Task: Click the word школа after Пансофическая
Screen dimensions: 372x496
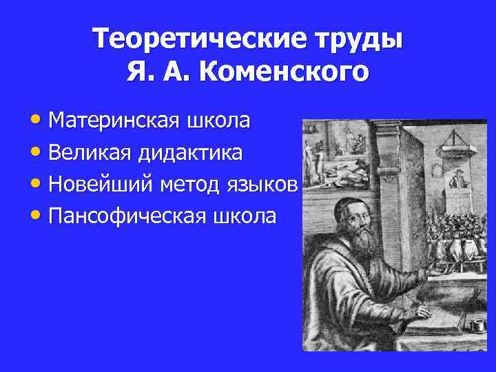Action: point(244,216)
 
